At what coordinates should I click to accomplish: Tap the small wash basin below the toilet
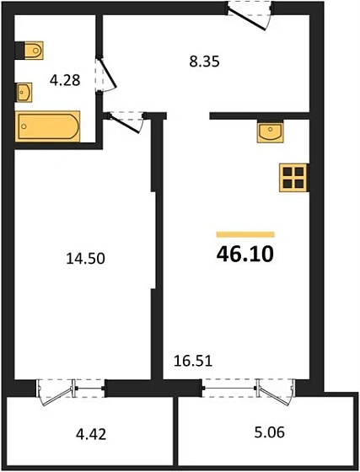[x=24, y=90]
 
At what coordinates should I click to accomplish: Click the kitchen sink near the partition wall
[x=271, y=131]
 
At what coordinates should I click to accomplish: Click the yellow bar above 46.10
[x=245, y=233]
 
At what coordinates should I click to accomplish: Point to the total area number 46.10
[x=245, y=253]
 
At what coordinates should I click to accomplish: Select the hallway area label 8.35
[x=202, y=60]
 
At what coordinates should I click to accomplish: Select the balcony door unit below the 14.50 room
[x=72, y=389]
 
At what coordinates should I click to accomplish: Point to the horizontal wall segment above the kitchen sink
[x=261, y=115]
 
